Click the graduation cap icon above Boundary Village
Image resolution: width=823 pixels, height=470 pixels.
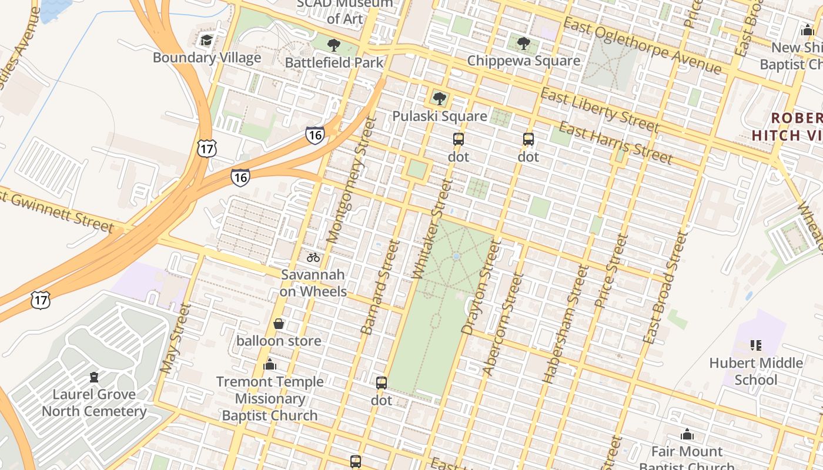(x=206, y=41)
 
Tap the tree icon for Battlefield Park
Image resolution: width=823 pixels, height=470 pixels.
(x=334, y=45)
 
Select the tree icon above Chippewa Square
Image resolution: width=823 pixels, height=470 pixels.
(x=523, y=43)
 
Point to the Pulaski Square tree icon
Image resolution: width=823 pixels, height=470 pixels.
(x=439, y=99)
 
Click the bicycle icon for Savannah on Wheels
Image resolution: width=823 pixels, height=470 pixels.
(x=313, y=257)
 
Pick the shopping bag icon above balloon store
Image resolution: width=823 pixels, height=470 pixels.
(x=279, y=324)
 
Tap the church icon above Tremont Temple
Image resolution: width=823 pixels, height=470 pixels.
(x=270, y=365)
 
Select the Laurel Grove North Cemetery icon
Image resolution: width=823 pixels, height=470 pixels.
(x=94, y=377)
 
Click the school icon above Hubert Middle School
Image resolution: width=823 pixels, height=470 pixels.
(x=756, y=345)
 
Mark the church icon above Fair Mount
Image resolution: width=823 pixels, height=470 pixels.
(x=687, y=435)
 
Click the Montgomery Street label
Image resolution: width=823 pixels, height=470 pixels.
(x=350, y=180)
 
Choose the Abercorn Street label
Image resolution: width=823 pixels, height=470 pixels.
(x=503, y=324)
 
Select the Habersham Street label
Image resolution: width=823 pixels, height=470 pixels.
(x=566, y=324)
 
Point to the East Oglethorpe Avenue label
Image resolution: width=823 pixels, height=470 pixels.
(x=642, y=45)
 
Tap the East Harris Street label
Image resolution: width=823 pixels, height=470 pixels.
(x=615, y=143)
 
